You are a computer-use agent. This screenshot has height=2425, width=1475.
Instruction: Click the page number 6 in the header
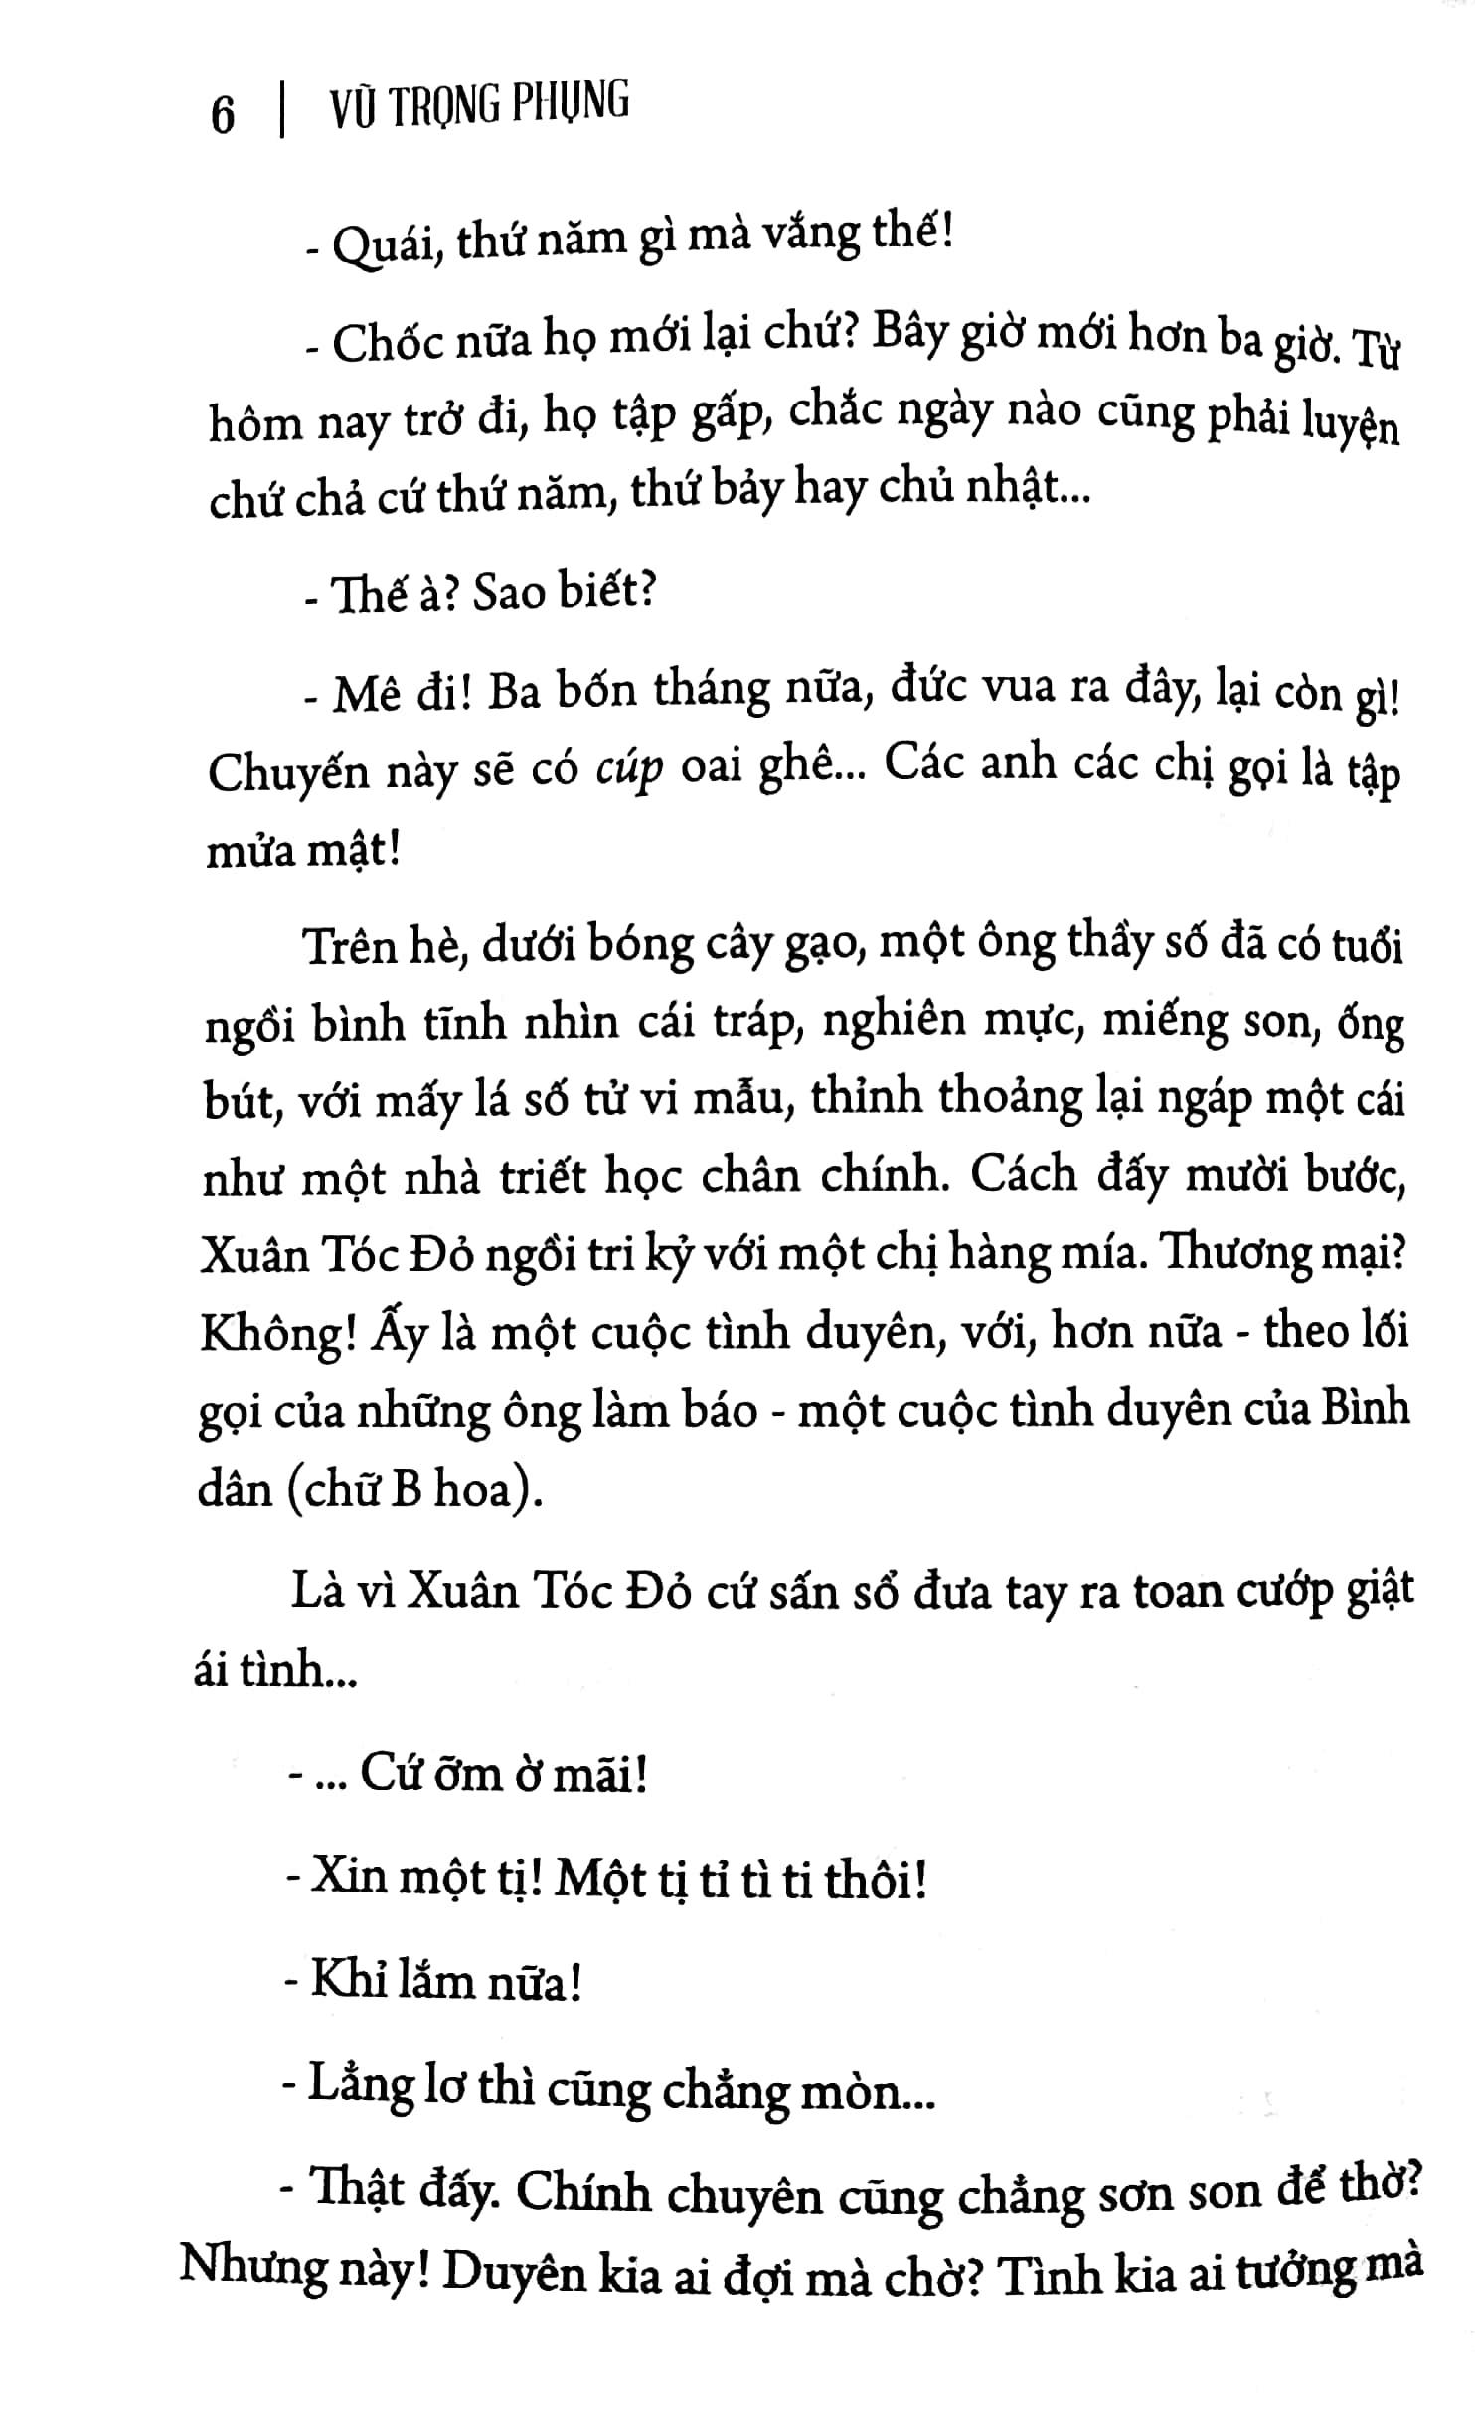coord(224,116)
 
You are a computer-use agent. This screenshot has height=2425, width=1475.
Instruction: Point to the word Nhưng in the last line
coord(254,2276)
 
